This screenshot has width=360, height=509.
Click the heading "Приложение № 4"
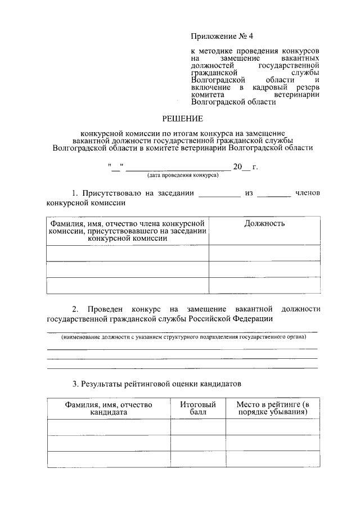pyautogui.click(x=222, y=37)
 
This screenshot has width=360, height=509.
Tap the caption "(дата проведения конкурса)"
pyautogui.click(x=183, y=175)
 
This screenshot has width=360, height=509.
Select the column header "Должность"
pyautogui.click(x=264, y=223)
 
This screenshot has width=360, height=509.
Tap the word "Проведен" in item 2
pyautogui.click(x=106, y=309)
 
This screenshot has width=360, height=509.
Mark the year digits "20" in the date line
pyautogui.click(x=237, y=166)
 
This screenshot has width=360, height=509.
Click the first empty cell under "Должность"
pyautogui.click(x=264, y=253)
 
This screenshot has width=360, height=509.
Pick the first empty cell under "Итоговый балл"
pyautogui.click(x=198, y=427)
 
